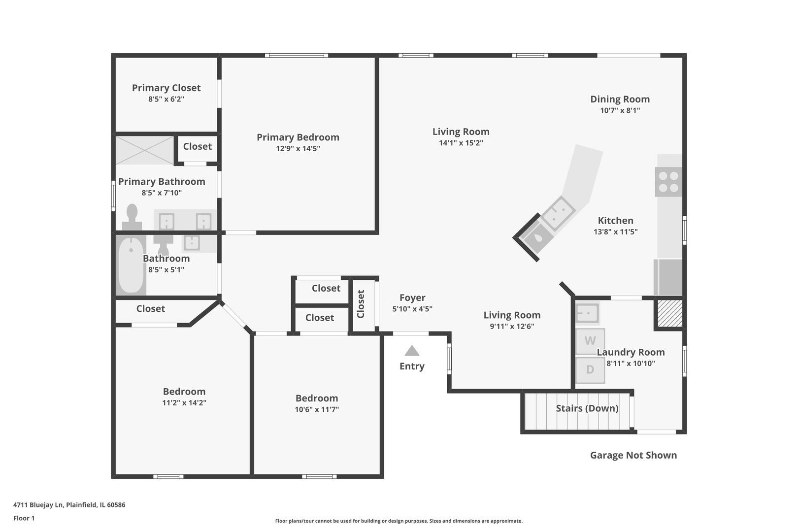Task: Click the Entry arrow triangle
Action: click(x=412, y=351)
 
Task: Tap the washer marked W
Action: click(x=590, y=341)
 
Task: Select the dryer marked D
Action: click(x=590, y=370)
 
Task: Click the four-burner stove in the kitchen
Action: click(x=668, y=182)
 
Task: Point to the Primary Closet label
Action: click(x=166, y=88)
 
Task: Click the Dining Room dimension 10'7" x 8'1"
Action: click(x=620, y=110)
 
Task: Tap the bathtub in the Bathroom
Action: click(x=131, y=265)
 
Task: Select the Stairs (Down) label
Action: click(x=587, y=408)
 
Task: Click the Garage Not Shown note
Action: click(x=633, y=455)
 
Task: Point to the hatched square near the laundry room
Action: click(x=670, y=313)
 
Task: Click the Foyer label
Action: click(x=412, y=298)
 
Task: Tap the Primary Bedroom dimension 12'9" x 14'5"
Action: click(x=298, y=149)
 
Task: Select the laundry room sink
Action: click(x=588, y=314)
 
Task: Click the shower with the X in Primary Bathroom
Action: click(x=145, y=150)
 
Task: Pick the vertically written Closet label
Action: click(x=361, y=304)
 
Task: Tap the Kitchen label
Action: click(x=615, y=221)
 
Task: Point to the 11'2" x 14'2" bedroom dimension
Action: click(x=184, y=402)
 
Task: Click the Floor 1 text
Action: click(x=24, y=518)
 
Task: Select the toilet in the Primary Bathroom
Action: click(x=132, y=217)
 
